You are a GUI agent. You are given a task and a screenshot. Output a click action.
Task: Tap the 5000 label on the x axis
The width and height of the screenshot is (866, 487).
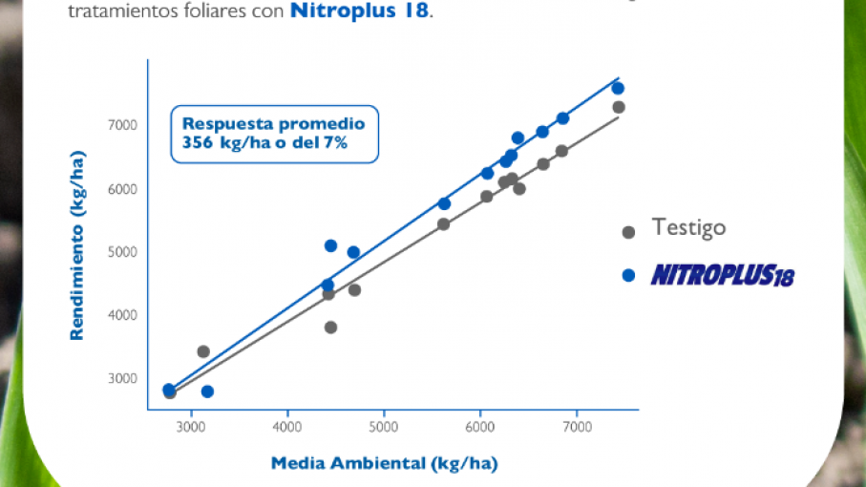tap(384, 426)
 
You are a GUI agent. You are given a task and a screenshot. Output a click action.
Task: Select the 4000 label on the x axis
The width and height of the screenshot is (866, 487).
tap(287, 426)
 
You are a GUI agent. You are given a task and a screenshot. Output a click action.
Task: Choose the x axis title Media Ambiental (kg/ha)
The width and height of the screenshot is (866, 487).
tap(384, 464)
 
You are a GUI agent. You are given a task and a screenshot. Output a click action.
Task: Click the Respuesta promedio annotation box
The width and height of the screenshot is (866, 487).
tap(274, 134)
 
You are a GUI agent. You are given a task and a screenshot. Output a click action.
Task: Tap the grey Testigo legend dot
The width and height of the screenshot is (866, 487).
tap(628, 232)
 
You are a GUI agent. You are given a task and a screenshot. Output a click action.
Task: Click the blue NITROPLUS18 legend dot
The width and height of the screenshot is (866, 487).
tap(628, 276)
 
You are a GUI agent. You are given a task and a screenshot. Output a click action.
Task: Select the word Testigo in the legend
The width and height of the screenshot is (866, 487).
tap(688, 228)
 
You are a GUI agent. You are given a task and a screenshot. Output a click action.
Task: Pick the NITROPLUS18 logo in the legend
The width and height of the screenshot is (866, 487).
tap(723, 276)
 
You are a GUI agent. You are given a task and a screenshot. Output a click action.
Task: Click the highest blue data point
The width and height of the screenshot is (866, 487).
tap(618, 88)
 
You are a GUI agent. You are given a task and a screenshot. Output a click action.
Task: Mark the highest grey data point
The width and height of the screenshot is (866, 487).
tap(619, 107)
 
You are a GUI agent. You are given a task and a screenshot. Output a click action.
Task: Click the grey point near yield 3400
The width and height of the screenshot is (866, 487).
tap(203, 351)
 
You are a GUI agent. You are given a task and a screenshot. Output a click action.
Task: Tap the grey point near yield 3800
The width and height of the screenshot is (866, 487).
tap(330, 328)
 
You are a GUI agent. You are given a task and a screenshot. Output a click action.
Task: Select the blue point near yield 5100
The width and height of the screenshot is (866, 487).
tap(330, 245)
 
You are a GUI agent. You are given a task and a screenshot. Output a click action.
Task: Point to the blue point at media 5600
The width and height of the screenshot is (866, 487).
tap(444, 203)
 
